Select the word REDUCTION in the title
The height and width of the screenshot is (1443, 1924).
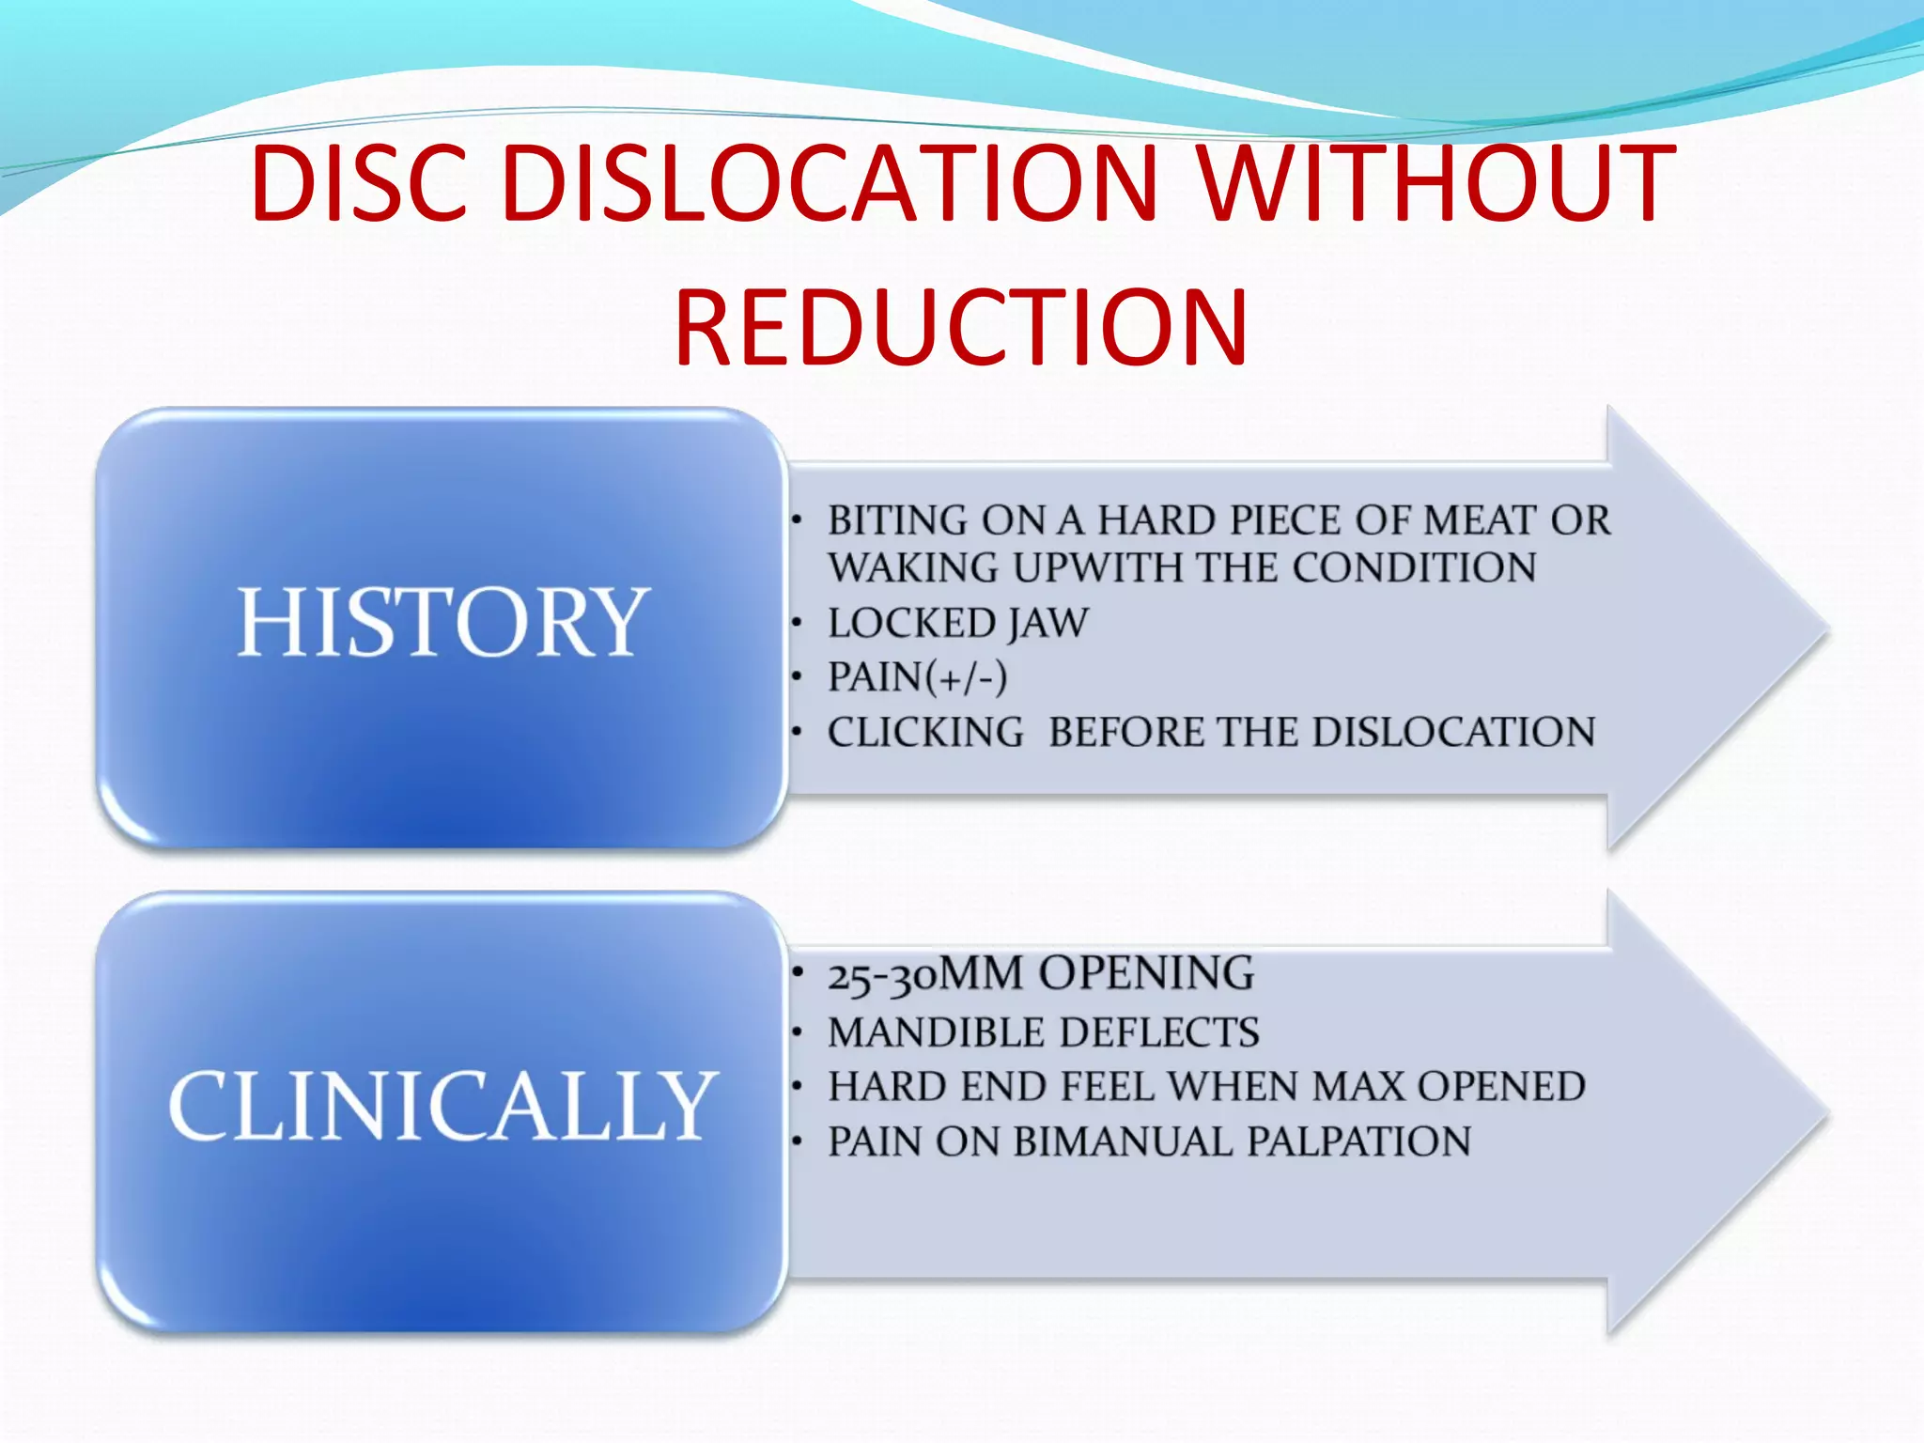[961, 328]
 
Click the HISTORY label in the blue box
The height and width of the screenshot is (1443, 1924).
[442, 622]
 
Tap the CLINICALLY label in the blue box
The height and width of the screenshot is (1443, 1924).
[442, 1107]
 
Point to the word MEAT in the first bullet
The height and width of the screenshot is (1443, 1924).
[1480, 520]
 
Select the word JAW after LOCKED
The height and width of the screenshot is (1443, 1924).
[1047, 623]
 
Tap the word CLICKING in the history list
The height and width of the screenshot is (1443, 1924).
[925, 732]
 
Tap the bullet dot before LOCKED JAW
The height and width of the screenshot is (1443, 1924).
[797, 622]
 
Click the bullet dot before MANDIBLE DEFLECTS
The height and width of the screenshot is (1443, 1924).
[797, 1032]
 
